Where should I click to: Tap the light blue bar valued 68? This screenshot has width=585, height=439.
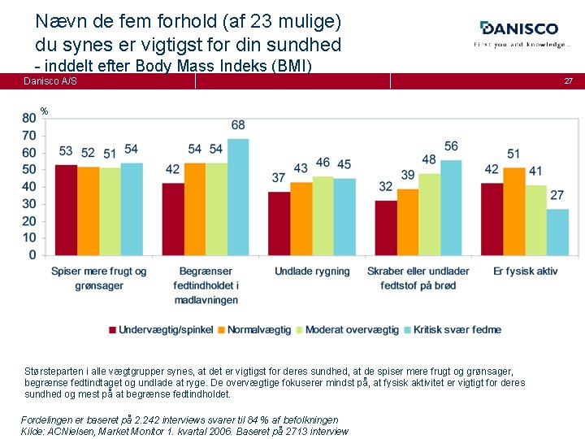tap(238, 197)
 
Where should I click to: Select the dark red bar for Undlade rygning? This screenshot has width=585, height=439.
tap(279, 224)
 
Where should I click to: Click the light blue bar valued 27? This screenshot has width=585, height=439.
tap(557, 232)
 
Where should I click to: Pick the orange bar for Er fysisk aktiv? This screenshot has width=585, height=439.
tap(513, 211)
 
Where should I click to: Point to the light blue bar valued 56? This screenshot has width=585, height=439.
tap(451, 207)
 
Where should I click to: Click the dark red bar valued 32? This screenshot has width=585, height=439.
tap(386, 228)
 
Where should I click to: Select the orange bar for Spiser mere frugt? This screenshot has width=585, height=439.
tap(89, 211)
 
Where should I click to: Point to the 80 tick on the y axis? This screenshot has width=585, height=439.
tap(28, 118)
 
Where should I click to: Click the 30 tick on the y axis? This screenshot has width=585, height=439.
tap(28, 204)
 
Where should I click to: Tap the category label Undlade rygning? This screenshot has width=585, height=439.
tap(312, 271)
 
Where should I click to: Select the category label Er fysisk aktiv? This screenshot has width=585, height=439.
tap(525, 271)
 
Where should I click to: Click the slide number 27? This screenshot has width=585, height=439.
tap(569, 81)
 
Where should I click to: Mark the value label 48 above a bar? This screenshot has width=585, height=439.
tap(429, 160)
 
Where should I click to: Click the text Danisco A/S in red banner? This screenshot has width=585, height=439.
tap(50, 81)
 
